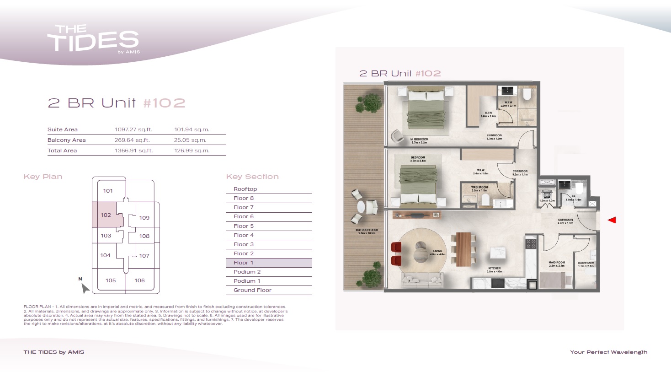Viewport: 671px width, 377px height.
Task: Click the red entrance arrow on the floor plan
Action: tap(612, 220)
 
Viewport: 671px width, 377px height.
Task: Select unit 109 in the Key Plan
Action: tap(144, 218)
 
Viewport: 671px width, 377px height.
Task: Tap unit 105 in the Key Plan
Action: tap(111, 280)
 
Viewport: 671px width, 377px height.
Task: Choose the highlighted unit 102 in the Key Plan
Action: tap(106, 215)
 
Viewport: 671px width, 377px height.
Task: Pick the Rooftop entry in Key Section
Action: tap(245, 189)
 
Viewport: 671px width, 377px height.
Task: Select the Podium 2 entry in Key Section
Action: tap(247, 272)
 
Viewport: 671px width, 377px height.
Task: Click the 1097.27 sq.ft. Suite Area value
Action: tap(133, 129)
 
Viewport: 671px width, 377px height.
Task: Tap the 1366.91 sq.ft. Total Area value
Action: tap(133, 151)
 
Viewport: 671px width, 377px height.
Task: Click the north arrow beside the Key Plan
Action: tap(85, 288)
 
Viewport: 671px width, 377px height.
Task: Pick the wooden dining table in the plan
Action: tap(463, 249)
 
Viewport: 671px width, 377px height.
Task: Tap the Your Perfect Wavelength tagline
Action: tap(608, 352)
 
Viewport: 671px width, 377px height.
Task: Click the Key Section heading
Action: tap(252, 177)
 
